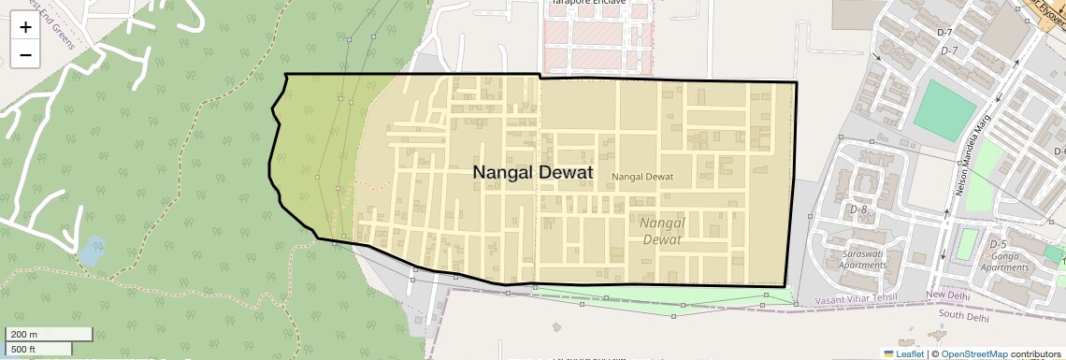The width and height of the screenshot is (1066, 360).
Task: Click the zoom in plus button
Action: tap(25, 27)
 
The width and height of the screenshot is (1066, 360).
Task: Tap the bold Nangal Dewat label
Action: tap(532, 173)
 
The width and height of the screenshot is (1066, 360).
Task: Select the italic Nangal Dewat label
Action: tap(662, 231)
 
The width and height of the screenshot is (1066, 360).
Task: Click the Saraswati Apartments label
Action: tap(863, 259)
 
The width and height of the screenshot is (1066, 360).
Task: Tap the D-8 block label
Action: tap(858, 209)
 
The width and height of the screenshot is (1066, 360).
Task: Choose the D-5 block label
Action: tap(998, 244)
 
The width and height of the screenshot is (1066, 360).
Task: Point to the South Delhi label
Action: tap(963, 317)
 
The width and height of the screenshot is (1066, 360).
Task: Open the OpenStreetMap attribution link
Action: tap(974, 353)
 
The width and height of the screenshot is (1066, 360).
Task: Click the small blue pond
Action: tap(91, 251)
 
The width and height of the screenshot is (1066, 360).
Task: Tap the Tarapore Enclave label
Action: tap(588, 3)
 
